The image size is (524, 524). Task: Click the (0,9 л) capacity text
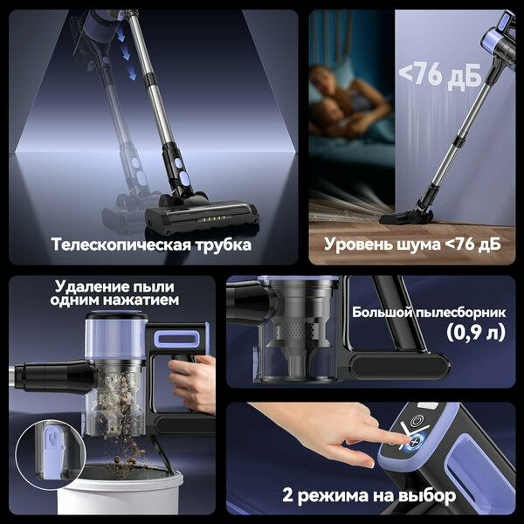(x=472, y=332)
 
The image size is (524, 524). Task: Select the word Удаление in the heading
(x=90, y=286)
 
